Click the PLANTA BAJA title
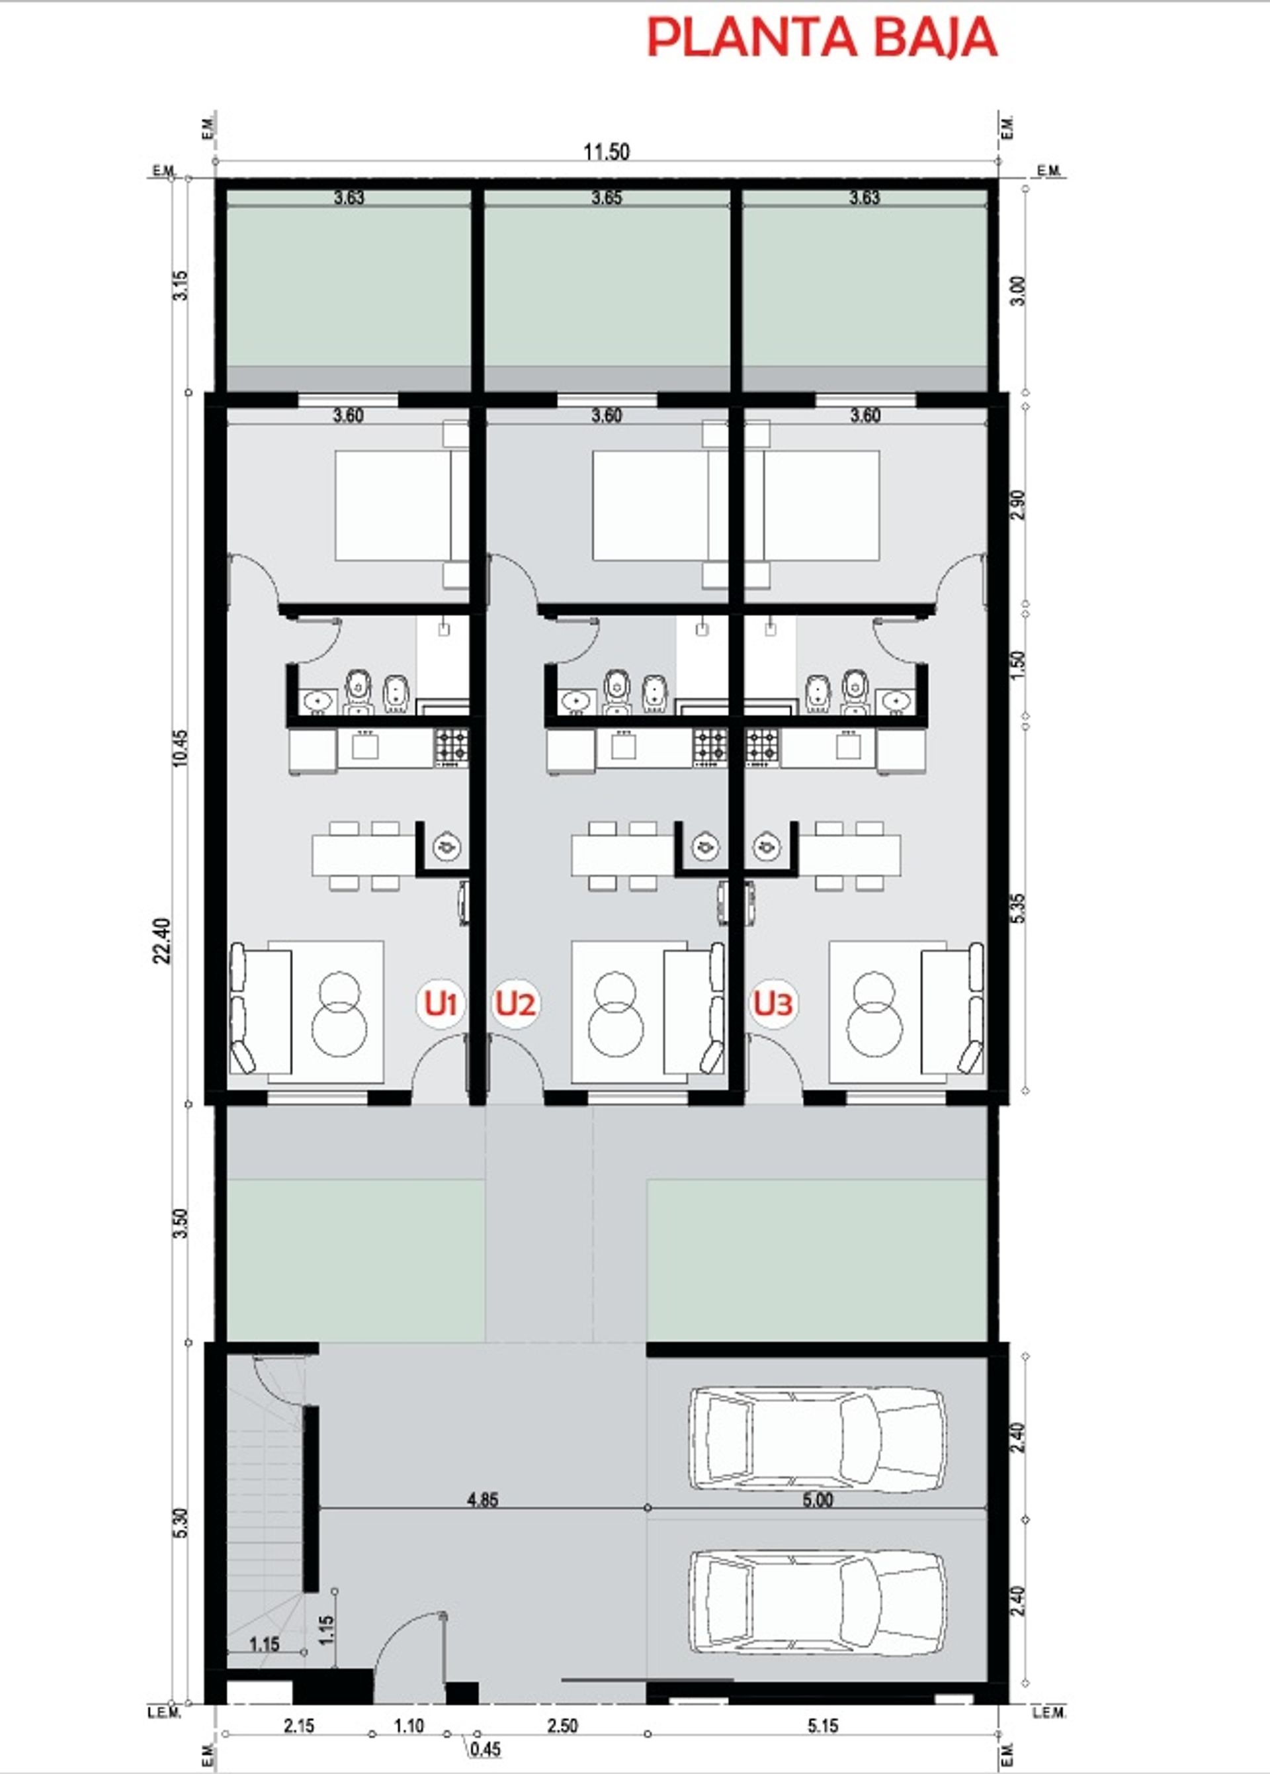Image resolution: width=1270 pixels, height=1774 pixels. [x=822, y=37]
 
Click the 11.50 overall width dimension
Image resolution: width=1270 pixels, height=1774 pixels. [x=606, y=152]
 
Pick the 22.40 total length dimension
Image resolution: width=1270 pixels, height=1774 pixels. [x=162, y=941]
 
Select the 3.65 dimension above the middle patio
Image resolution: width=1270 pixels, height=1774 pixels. [x=606, y=197]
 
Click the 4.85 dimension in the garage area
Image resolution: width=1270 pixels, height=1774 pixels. [x=482, y=1500]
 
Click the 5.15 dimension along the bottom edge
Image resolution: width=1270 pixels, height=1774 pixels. [x=823, y=1726]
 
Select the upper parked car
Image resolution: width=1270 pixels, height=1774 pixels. [x=816, y=1435]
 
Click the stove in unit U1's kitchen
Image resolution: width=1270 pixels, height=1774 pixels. [x=451, y=747]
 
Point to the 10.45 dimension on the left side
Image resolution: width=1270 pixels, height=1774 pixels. [x=181, y=748]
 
